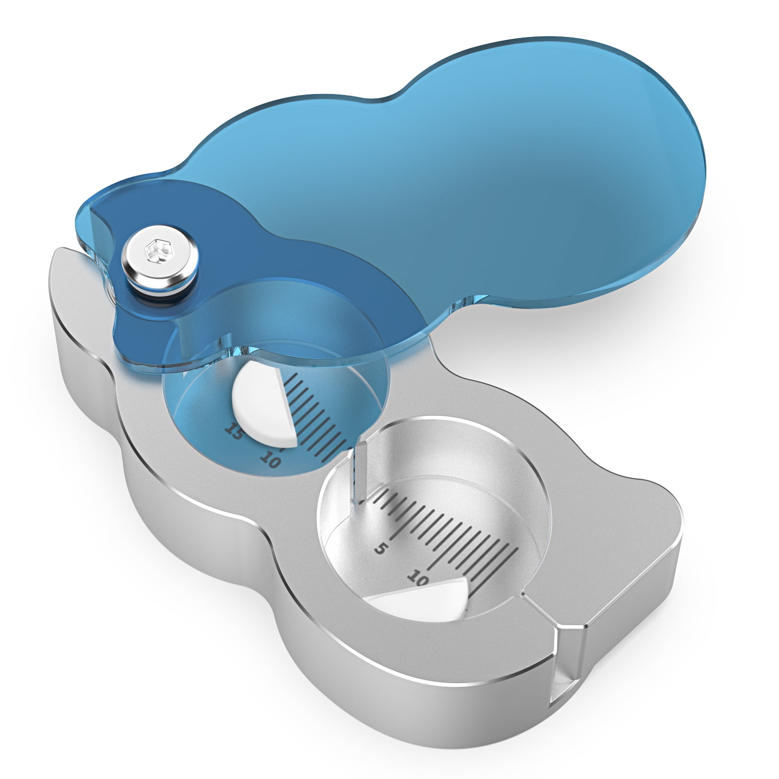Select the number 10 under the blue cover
[x=270, y=459]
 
